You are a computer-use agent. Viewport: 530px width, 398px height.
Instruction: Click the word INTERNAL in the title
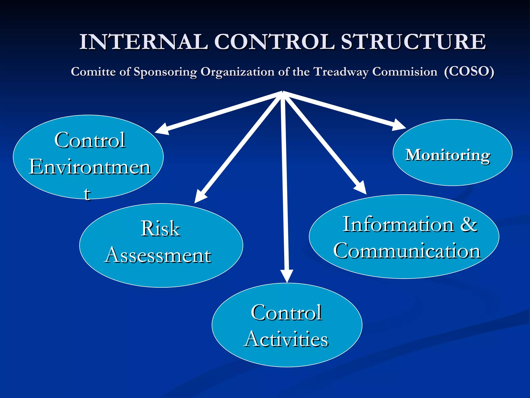coord(144,42)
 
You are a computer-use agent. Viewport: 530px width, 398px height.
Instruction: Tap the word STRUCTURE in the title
coord(413,42)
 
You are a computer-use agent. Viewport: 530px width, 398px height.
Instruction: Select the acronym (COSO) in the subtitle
coord(469,72)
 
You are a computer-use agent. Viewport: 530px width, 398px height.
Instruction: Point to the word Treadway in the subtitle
coord(341,72)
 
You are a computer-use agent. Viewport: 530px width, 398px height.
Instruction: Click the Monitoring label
coord(447,155)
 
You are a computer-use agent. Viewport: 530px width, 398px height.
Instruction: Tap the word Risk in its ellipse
coord(160,229)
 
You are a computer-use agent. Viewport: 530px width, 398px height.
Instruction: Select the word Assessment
coord(158,255)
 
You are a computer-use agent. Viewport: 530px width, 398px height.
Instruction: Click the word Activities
coord(286,339)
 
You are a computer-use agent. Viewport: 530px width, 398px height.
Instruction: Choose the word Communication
coord(407,251)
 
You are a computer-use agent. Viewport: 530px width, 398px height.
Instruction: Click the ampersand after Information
coord(469,224)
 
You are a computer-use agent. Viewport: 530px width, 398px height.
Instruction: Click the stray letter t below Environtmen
coord(87,194)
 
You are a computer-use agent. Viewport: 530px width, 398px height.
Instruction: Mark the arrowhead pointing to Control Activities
coord(287,276)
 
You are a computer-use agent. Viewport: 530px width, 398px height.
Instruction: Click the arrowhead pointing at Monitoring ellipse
coord(399,125)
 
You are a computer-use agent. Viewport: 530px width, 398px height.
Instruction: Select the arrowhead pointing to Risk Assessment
coord(200,197)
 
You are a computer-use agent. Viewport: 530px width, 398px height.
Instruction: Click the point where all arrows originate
coord(283,92)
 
